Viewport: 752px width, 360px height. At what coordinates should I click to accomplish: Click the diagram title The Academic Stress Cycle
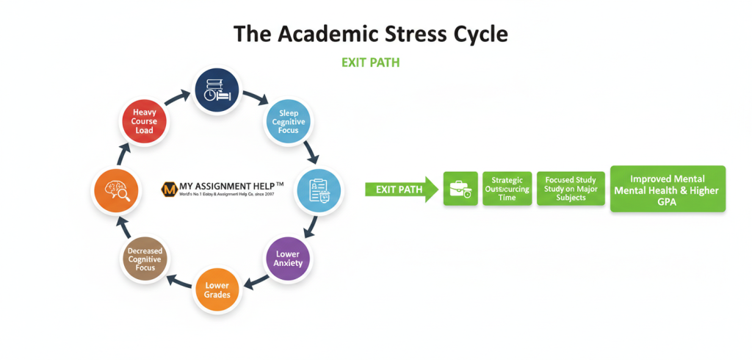[x=370, y=34]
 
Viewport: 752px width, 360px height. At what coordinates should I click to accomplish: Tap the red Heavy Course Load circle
[x=145, y=121]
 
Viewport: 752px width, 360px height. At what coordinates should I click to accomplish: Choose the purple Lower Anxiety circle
[x=287, y=259]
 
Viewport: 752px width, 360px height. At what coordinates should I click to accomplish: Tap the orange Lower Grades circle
[x=217, y=290]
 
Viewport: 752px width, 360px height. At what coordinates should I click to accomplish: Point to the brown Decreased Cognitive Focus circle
[x=145, y=259]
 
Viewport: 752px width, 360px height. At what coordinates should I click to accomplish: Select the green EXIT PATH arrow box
[x=400, y=190]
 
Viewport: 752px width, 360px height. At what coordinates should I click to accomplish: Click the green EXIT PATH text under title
[x=370, y=62]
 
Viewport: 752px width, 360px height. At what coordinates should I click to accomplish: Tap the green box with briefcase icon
[x=460, y=189]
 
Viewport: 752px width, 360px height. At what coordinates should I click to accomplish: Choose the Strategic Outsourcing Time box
[x=507, y=189]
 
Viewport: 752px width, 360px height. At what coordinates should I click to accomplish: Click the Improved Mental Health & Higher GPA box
[x=668, y=189]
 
